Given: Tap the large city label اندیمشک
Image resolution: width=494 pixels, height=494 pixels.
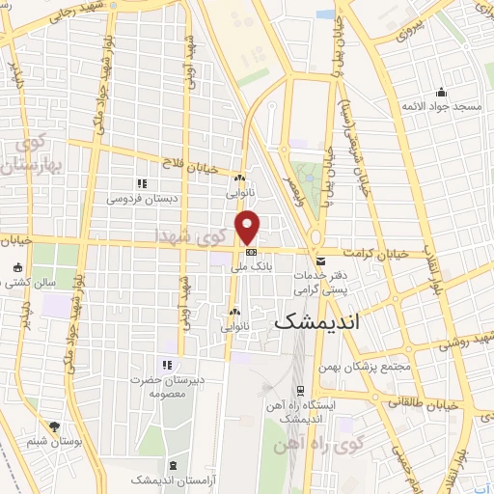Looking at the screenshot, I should (316, 322).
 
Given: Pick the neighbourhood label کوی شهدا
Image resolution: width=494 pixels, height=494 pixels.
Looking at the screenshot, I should (187, 233).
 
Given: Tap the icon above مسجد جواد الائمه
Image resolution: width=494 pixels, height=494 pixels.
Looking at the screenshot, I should (442, 93).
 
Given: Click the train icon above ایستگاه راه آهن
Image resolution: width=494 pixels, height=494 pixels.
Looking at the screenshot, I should (300, 391).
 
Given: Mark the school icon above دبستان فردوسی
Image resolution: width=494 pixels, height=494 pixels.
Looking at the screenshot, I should (141, 183).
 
